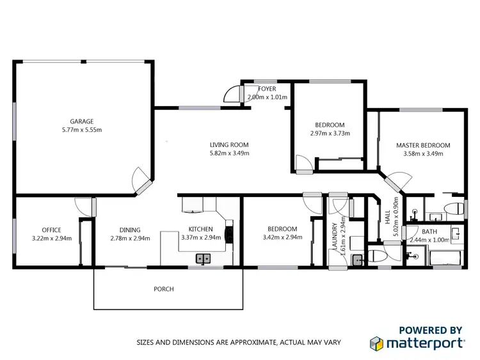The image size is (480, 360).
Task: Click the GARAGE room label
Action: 81,121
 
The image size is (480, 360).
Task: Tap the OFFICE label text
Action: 51,230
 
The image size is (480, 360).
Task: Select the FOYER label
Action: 268,89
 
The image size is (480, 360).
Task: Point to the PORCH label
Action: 164,289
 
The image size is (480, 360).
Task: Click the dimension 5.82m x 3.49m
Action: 229,153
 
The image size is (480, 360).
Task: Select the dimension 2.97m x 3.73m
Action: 330,134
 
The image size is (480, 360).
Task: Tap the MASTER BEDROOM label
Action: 423,145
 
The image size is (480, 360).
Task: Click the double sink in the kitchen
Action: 204,259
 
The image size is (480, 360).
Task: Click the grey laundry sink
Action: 358,260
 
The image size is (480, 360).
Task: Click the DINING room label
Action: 130,230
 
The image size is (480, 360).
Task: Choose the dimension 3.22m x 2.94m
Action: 51,239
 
